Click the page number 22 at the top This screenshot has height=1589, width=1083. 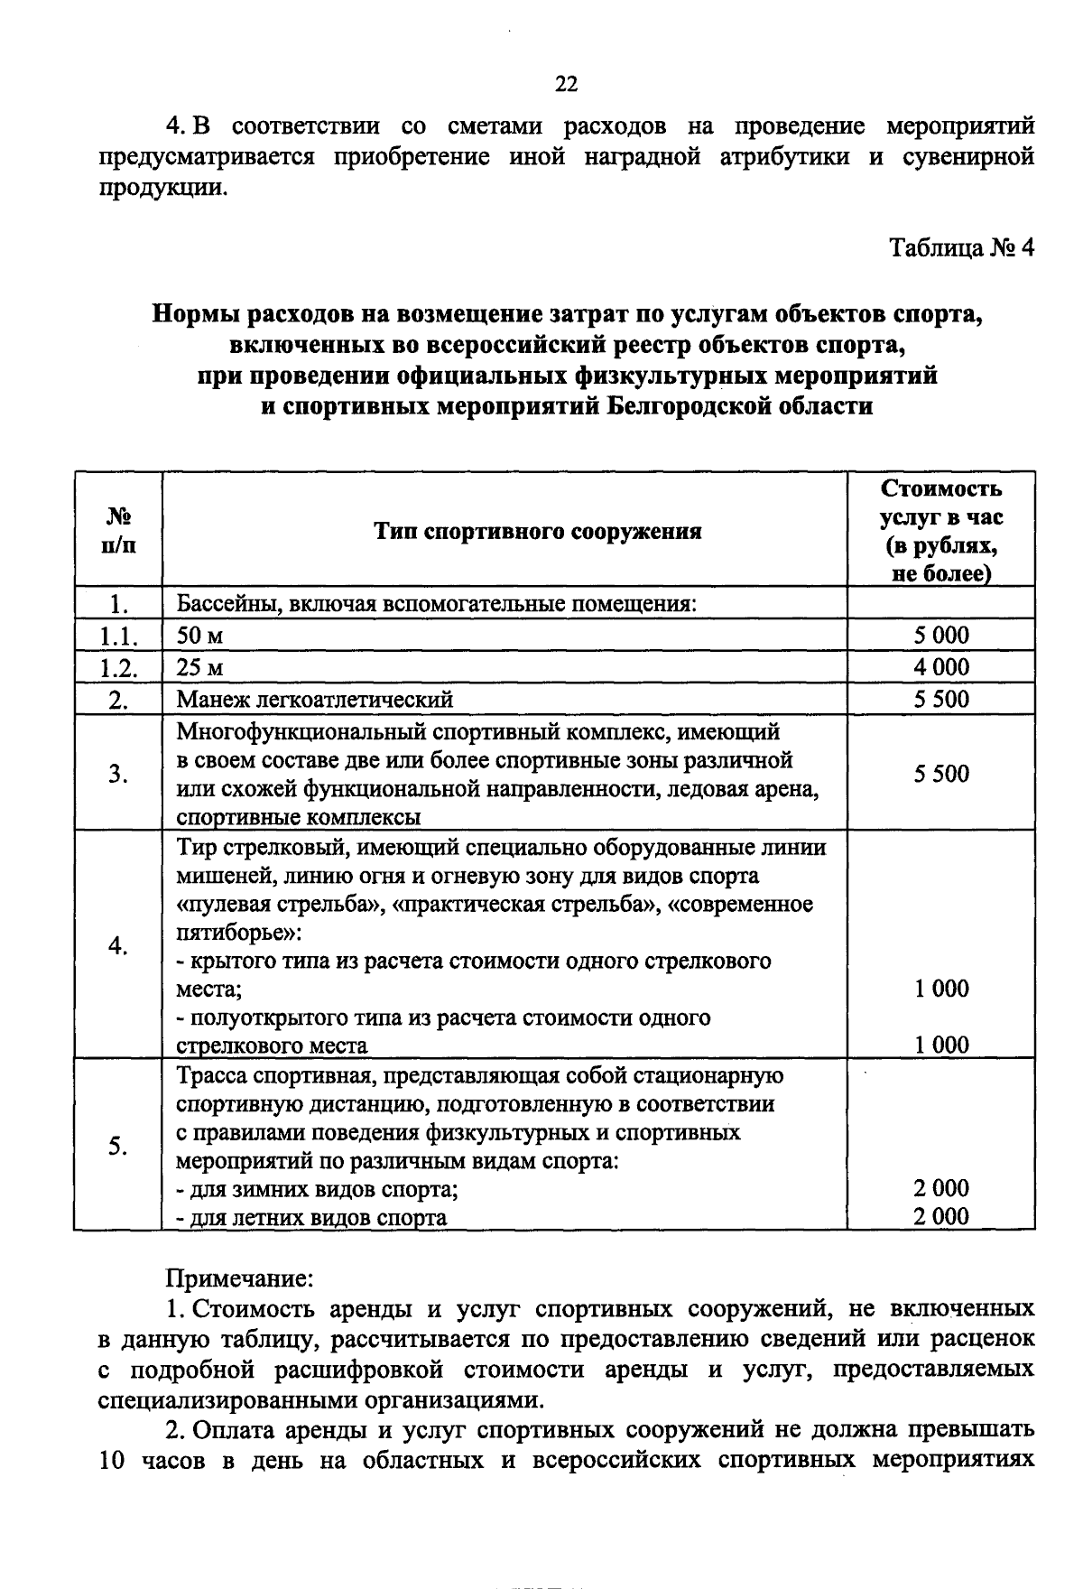coord(566,85)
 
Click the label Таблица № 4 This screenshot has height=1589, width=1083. coord(961,247)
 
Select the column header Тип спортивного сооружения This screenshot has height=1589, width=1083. coord(538,531)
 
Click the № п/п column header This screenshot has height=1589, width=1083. coord(118,531)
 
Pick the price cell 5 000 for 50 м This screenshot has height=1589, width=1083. coord(940,636)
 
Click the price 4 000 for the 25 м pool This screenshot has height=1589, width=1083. coord(940,667)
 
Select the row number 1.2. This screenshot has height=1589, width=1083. coord(118,668)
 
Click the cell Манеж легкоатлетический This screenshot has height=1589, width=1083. coord(315,700)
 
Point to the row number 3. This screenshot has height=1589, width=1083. coord(118,774)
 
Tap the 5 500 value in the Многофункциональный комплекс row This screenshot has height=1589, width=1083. coord(940,774)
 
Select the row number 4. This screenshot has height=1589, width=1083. coord(118,945)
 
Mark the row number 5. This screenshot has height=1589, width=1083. coord(118,1146)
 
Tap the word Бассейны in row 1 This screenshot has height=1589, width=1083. coord(218,604)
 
